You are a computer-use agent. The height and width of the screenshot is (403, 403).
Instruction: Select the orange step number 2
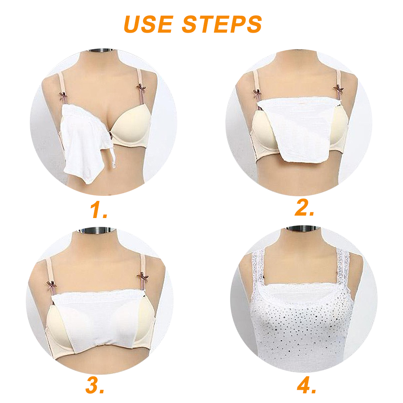tap(304, 208)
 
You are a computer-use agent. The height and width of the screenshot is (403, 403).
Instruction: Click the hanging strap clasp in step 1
tap(113, 157)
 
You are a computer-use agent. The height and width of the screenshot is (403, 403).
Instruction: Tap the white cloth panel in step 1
tap(83, 141)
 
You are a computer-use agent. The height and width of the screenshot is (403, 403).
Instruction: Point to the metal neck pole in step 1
tap(100, 50)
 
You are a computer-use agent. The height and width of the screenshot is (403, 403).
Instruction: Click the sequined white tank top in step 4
tap(301, 326)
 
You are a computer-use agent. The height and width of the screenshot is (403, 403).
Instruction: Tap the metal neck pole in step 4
tap(303, 228)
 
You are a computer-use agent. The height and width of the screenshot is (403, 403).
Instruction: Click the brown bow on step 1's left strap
tap(63, 96)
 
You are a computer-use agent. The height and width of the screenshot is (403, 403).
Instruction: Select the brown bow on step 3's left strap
tap(51, 285)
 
